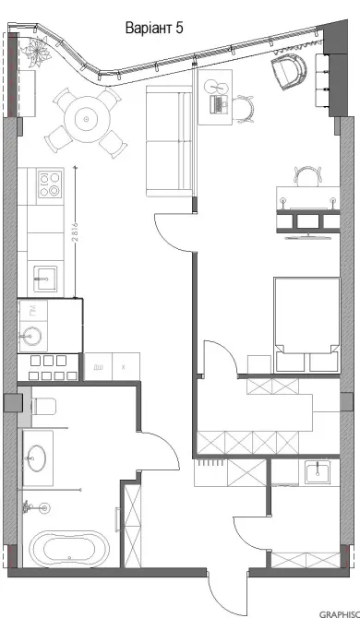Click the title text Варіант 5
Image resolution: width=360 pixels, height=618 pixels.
pos(154,29)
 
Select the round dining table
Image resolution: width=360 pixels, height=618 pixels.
pos(84,117)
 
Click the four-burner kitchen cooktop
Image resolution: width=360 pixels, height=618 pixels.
pos(47,184)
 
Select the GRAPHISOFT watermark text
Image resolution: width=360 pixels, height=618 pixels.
pos(338,612)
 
